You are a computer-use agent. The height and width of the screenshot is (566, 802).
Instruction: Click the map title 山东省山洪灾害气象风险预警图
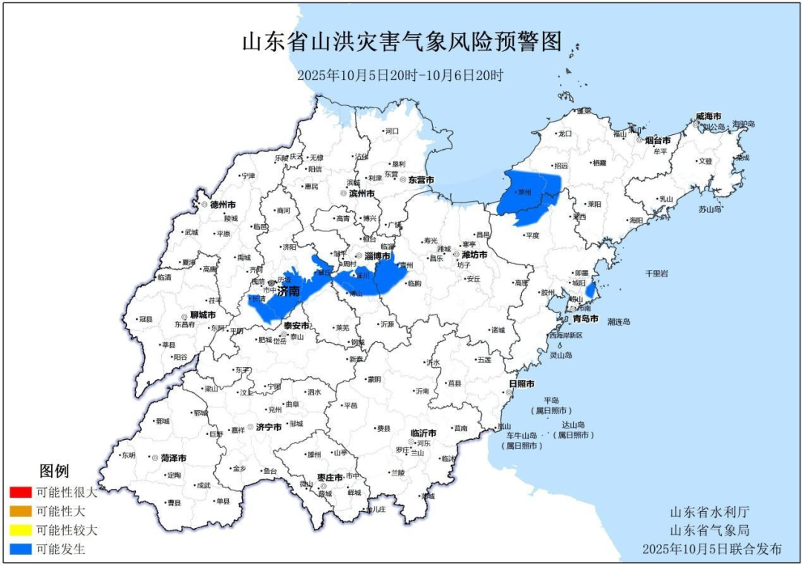(x=401, y=42)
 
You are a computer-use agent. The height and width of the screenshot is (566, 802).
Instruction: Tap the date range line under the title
(x=400, y=76)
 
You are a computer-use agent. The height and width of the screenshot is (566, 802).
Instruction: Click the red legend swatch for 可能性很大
(x=21, y=492)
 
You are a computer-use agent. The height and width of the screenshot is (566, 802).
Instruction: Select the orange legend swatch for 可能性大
(x=21, y=511)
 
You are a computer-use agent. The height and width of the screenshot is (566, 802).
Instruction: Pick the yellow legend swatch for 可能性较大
(x=21, y=530)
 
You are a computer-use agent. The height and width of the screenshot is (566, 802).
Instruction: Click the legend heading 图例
(x=54, y=471)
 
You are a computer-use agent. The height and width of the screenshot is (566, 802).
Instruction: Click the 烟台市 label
(x=658, y=140)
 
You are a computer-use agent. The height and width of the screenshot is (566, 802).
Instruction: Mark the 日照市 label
(x=521, y=384)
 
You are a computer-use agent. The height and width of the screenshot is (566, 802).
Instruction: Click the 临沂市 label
(x=423, y=432)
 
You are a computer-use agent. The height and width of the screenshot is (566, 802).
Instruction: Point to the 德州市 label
(x=223, y=204)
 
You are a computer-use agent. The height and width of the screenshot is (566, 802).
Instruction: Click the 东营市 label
(x=421, y=180)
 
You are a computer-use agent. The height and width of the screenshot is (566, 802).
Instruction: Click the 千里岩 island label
(x=656, y=273)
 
